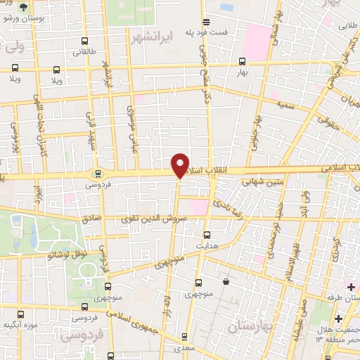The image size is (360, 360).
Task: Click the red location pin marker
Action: (x=180, y=165)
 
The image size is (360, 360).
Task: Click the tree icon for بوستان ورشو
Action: (x=25, y=7)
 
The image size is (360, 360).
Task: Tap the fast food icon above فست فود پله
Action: (x=205, y=21)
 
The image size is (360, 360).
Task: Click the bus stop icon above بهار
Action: (x=242, y=61)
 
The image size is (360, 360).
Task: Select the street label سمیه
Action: (x=266, y=104)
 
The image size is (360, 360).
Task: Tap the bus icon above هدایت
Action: (x=206, y=236)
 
